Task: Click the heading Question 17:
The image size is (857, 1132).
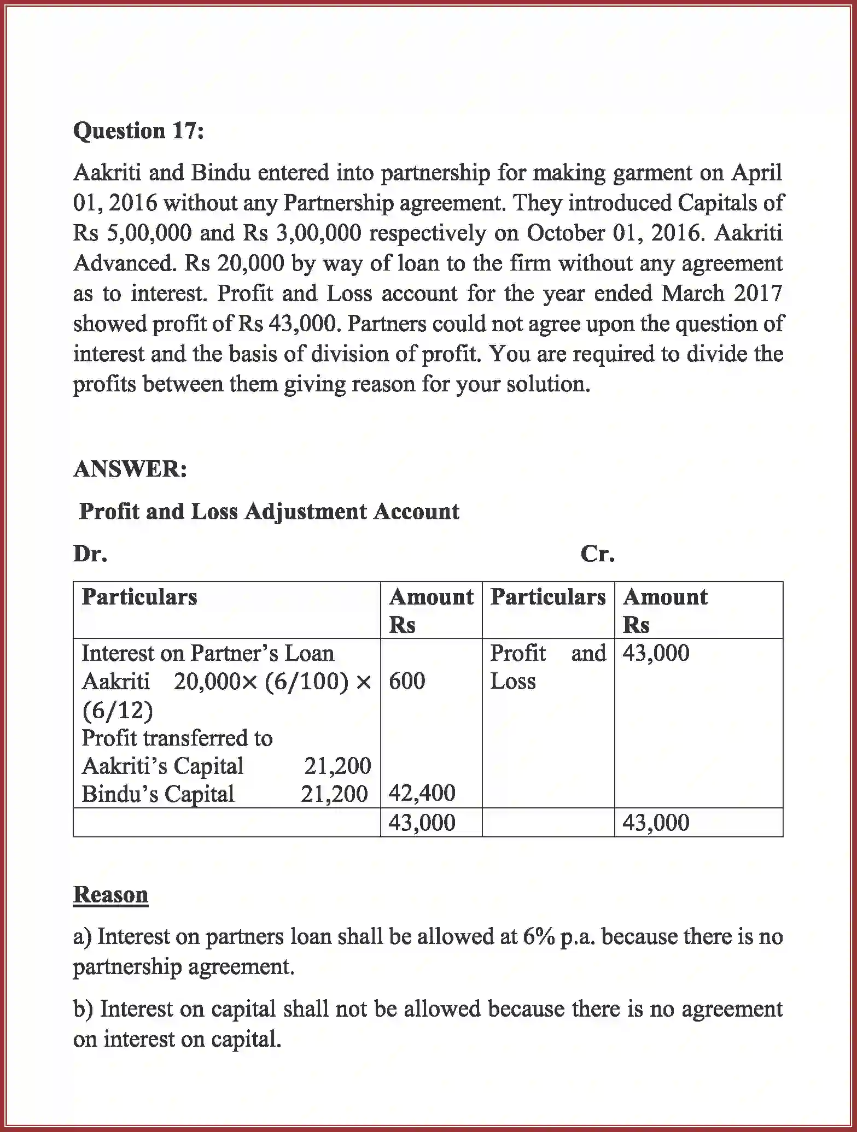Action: coord(138,131)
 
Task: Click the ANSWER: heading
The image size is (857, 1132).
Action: coord(130,469)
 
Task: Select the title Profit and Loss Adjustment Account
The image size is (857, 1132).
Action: coord(269,512)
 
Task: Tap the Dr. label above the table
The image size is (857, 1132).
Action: coord(90,554)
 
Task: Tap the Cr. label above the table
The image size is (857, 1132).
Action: coord(598,554)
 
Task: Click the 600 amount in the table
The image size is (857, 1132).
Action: coord(407,681)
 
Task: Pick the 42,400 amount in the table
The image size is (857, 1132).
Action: coord(422,793)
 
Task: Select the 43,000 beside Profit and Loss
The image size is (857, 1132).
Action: coord(656,653)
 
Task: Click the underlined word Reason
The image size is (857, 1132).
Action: coord(110,895)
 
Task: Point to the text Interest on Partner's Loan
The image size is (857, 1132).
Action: coord(208,653)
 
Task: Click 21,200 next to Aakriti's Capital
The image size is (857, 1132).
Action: coord(337,766)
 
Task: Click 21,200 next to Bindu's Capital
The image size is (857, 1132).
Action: coord(334,794)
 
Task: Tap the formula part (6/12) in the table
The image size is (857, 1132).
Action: coord(118,710)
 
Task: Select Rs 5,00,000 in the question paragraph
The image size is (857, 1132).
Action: coord(133,233)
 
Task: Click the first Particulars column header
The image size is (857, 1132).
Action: coord(139,597)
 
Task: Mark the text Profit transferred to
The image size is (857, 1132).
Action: coord(177,738)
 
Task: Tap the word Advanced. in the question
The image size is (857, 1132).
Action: coord(125,264)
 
